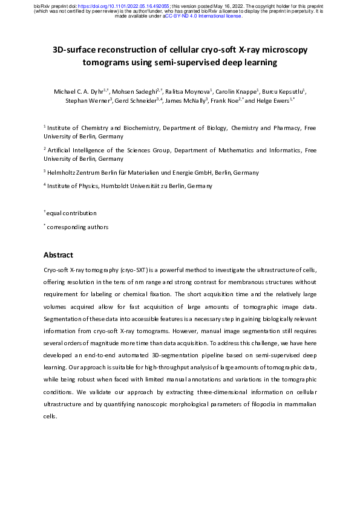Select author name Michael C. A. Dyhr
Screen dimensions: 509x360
(77, 91)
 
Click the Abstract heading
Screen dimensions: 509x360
(59, 255)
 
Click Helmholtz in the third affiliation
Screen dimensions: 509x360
(64, 172)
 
